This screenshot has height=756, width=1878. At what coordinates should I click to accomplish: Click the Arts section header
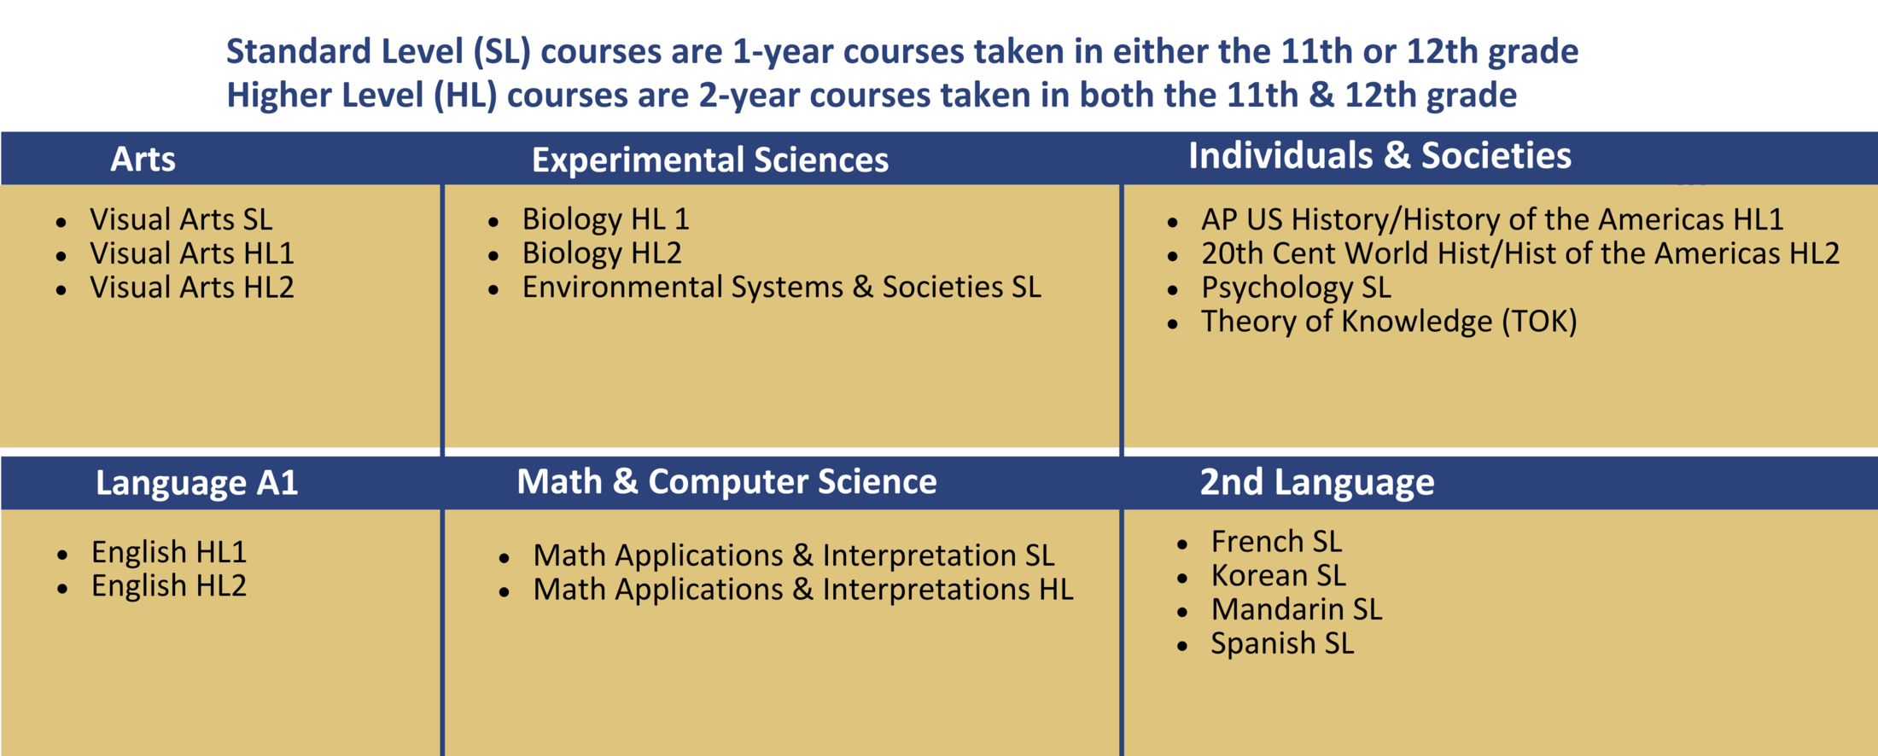(x=143, y=160)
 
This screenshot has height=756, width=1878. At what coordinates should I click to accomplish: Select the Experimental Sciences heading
(x=709, y=160)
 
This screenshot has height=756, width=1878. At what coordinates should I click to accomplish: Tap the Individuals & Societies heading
(x=1379, y=156)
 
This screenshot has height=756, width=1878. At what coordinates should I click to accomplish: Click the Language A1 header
(x=196, y=483)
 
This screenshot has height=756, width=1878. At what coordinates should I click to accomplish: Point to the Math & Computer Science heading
(x=726, y=482)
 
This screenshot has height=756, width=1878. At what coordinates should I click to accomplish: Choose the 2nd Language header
(x=1316, y=482)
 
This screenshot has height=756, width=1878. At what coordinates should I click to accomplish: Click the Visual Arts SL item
(x=181, y=220)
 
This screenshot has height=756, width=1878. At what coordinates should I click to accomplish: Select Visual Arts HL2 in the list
(x=191, y=288)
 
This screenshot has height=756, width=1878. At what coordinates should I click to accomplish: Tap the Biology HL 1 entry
(x=605, y=219)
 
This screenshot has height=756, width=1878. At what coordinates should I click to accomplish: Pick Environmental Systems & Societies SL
(x=781, y=288)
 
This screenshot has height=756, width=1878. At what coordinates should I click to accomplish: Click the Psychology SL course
(x=1296, y=288)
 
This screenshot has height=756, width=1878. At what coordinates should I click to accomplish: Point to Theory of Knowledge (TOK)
(x=1389, y=322)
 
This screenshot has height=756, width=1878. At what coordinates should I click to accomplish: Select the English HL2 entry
(x=169, y=586)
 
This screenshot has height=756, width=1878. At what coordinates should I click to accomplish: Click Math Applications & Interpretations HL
(x=802, y=590)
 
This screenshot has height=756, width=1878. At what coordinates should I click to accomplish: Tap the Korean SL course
(x=1278, y=576)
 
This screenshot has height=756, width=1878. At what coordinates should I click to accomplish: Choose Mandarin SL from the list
(x=1296, y=610)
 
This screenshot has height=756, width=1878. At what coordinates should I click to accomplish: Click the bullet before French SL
(x=1182, y=544)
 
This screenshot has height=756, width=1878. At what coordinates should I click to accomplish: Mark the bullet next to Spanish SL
(x=1182, y=646)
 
